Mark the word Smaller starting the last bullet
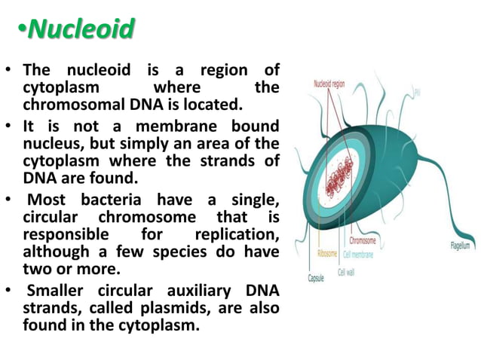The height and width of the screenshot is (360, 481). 58,291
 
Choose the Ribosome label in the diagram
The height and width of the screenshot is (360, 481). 328,254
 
